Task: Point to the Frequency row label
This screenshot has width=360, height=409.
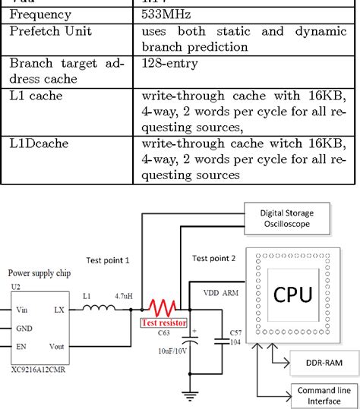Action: tap(40, 14)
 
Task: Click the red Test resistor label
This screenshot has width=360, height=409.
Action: tap(165, 322)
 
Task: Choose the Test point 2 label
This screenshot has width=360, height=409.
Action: tap(213, 258)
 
